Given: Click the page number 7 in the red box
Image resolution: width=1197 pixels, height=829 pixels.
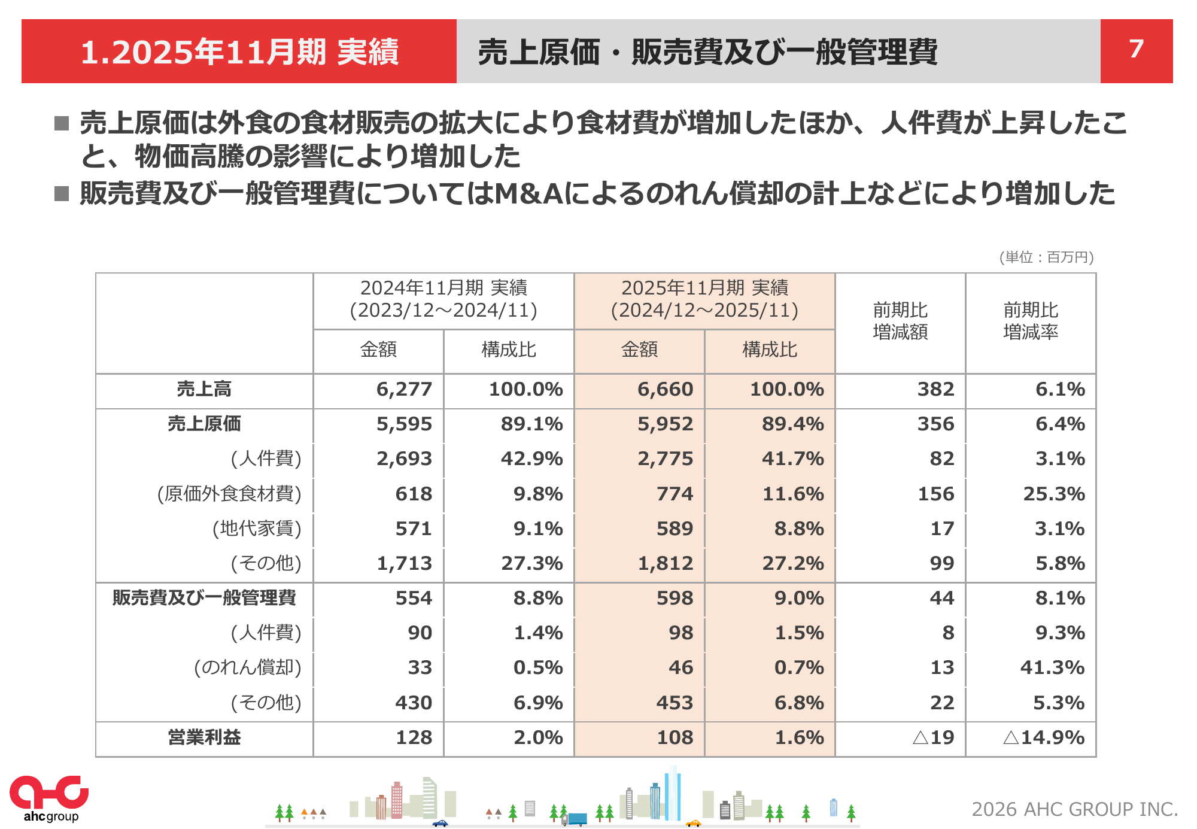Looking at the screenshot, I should tap(1136, 50).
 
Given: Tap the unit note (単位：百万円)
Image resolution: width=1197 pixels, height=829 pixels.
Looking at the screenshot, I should tap(1046, 257).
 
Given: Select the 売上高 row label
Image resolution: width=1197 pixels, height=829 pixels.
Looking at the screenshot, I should tap(204, 390).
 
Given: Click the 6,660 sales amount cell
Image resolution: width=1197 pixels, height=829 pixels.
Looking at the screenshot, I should tap(665, 390).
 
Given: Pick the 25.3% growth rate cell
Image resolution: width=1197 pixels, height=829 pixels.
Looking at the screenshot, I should tap(1053, 494).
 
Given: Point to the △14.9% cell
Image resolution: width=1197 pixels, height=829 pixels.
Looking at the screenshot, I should tap(1044, 737).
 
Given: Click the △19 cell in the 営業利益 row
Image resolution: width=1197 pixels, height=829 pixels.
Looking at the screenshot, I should tap(933, 737).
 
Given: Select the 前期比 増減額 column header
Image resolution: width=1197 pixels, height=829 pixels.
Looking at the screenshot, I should tap(900, 321).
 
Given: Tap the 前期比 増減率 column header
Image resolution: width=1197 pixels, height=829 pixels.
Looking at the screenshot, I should tap(1031, 321).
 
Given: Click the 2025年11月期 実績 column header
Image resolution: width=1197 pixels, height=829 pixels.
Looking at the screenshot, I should tap(704, 299).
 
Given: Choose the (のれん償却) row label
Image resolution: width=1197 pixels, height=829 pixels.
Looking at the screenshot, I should tap(247, 668).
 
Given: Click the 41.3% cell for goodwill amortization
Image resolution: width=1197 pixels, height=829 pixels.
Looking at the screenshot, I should tap(1052, 668).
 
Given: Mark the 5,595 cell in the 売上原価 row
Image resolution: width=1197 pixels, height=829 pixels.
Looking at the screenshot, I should tap(404, 424).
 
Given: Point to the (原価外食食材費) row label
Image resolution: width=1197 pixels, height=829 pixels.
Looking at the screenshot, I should tap(229, 494).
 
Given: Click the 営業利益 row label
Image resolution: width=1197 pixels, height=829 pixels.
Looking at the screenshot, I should tap(204, 737).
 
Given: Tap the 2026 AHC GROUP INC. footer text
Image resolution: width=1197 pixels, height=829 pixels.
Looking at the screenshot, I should tap(1074, 809).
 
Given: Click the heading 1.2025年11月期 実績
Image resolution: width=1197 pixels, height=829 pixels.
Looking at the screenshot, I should tap(239, 52).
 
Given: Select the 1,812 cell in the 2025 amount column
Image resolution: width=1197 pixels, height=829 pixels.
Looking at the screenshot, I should tap(665, 564).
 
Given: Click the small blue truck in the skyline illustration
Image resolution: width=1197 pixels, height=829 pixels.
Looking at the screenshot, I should tap(577, 819).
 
